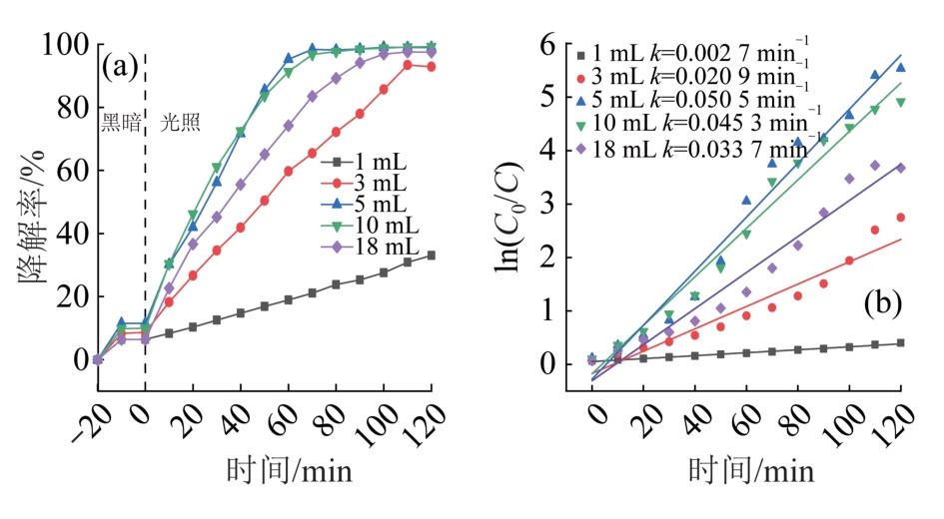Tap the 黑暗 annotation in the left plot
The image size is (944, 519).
pos(120,123)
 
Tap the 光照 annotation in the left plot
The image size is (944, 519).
pos(180,123)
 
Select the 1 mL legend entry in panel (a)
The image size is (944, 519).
pos(381,162)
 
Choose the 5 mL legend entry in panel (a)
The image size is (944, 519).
pos(381,204)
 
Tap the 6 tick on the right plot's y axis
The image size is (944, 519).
pos(546,46)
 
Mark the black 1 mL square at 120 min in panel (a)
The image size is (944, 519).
pos(432,256)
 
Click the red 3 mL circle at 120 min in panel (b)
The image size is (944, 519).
pos(900,218)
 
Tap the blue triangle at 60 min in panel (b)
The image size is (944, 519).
pos(746,201)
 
